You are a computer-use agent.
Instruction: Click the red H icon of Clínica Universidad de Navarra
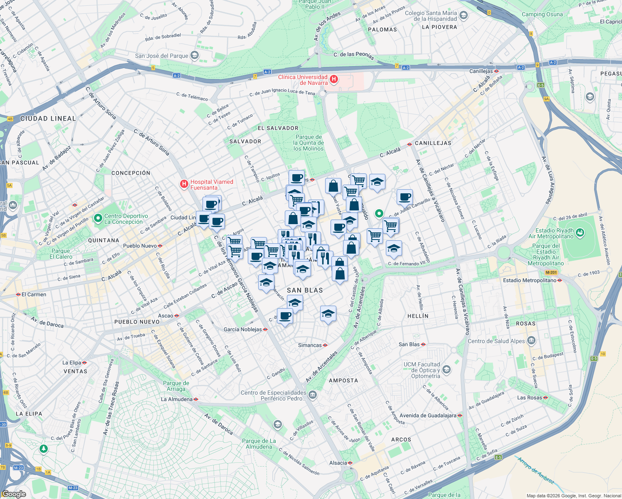pos(333,79)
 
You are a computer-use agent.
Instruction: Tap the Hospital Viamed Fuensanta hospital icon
pos(184,184)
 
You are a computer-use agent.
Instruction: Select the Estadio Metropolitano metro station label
pos(529,280)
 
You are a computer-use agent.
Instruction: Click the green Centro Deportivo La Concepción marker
pos(98,218)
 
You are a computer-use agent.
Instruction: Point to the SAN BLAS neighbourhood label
pos(305,290)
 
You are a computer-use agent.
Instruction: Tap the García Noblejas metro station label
pos(243,329)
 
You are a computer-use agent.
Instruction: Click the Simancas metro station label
pos(310,345)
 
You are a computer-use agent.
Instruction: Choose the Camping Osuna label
pos(542,14)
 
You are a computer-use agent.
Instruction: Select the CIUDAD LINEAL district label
pos(48,119)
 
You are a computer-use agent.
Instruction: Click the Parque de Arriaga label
pos(176,386)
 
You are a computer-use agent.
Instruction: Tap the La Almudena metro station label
pos(177,399)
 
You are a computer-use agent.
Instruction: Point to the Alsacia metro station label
pos(338,463)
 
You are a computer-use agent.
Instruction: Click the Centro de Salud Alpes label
pos(496,341)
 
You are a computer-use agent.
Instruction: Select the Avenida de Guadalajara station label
pos(428,415)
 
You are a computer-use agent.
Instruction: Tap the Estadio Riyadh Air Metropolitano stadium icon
pos(580,232)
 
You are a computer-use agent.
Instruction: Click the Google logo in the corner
pos(14,494)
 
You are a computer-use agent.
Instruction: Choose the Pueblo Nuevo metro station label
pos(140,246)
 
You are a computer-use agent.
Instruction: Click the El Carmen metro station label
pos(34,294)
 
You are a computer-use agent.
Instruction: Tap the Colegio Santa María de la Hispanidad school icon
pos(464,16)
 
